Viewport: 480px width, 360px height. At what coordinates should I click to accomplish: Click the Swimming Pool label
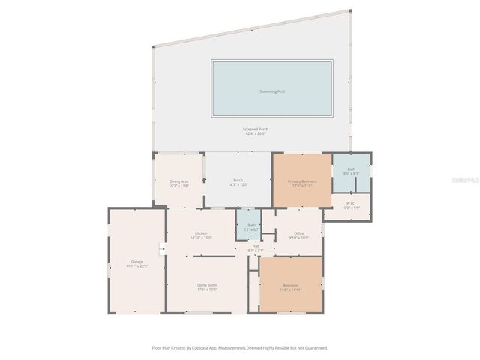(272, 91)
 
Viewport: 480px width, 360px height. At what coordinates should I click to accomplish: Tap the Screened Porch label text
(255, 129)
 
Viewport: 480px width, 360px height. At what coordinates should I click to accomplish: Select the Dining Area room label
(178, 181)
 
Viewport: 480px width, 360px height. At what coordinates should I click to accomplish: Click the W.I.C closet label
(351, 203)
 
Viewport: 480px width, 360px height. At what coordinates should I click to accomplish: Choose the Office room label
(298, 233)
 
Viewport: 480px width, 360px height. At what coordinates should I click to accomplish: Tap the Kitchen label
(201, 233)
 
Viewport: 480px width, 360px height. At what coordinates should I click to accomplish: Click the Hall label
(255, 246)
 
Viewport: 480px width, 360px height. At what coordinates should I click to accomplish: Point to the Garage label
(136, 261)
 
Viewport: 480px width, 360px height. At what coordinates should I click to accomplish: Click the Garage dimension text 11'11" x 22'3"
(136, 266)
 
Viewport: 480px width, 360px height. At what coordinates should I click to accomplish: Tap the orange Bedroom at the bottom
(291, 285)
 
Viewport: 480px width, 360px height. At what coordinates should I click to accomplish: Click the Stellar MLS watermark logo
(469, 180)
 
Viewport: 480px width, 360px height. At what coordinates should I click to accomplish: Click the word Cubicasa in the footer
(205, 348)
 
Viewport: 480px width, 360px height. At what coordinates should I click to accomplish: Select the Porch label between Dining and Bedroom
(238, 180)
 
